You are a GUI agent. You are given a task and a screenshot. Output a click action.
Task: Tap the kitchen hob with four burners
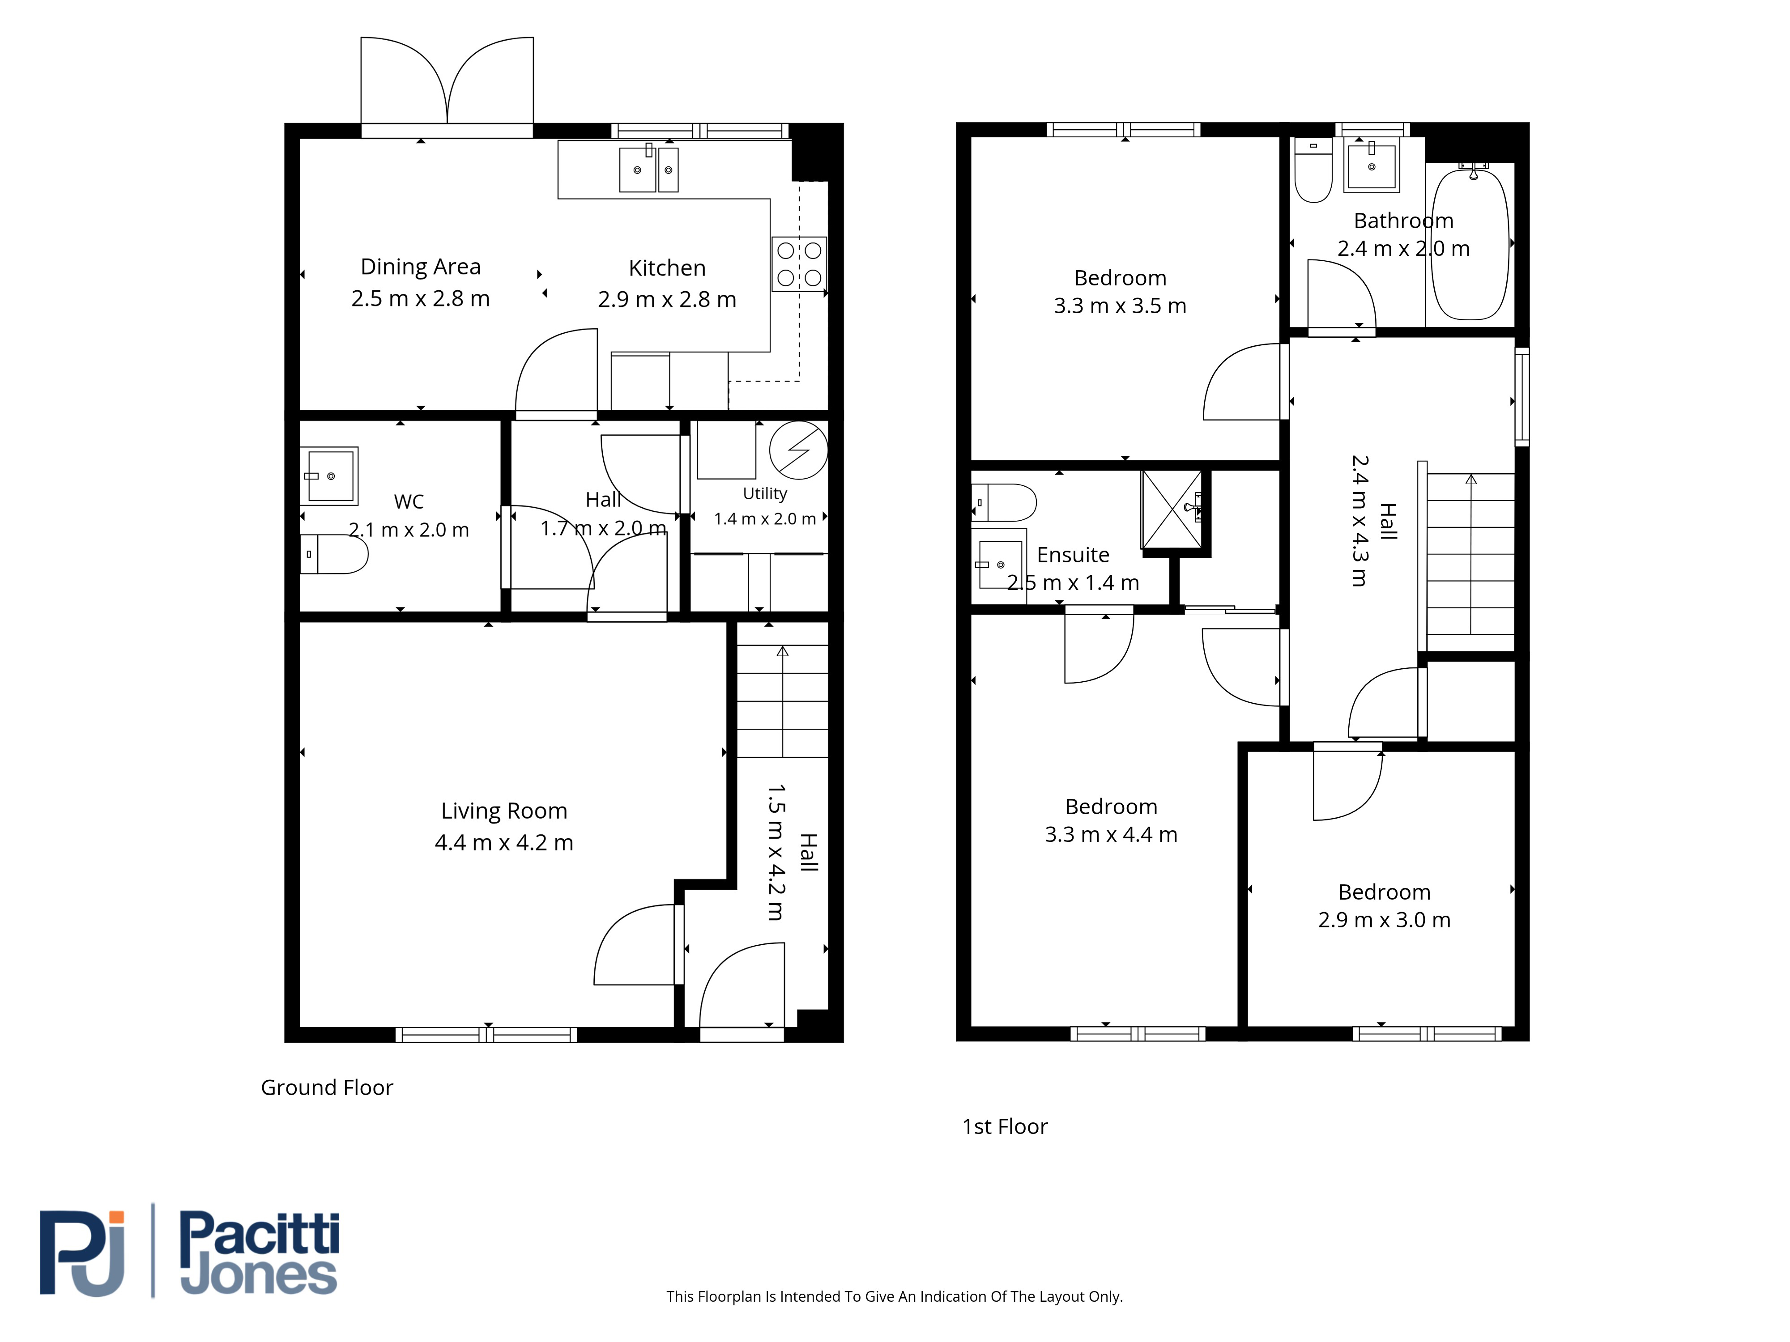coord(799,264)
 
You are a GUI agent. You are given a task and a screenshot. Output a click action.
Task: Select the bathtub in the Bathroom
coord(1470,242)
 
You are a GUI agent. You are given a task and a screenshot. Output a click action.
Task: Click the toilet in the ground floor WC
coord(334,554)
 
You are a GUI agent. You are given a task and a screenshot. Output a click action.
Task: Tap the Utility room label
coord(765,493)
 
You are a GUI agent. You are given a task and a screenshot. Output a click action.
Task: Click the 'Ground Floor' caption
coord(327,1087)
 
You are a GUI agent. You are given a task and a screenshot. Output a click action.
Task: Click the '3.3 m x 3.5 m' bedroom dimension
coord(1120,306)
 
